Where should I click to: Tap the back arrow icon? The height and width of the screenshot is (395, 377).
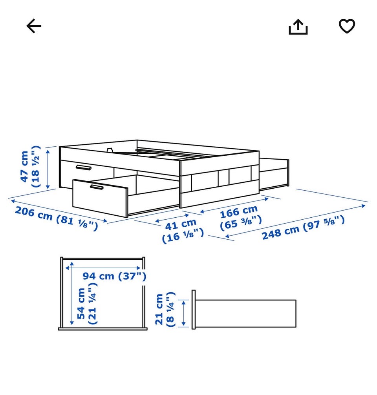[x=34, y=26]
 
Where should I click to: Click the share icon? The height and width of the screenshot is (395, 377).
[x=298, y=27]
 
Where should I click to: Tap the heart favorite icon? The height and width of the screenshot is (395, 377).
[x=347, y=26]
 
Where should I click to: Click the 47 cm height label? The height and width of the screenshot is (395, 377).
[x=25, y=166]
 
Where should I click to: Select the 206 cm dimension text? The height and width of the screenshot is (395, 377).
[x=34, y=213]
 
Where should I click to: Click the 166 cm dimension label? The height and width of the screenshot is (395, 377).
[x=239, y=211]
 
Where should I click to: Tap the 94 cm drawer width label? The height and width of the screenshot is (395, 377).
[x=98, y=276]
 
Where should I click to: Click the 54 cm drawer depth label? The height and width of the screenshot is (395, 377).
[x=81, y=304]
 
